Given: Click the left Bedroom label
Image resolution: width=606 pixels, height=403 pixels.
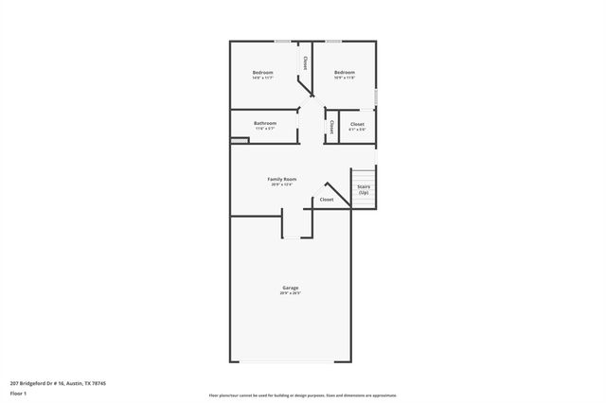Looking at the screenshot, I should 262,73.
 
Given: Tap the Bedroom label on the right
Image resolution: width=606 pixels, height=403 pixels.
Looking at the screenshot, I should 344,73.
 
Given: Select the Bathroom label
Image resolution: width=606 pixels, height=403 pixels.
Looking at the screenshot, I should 265,123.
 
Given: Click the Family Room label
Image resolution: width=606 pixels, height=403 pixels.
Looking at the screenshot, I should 282,179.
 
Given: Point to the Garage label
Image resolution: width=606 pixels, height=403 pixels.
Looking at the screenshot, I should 290,288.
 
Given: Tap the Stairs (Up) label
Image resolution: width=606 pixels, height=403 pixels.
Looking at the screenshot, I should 364,189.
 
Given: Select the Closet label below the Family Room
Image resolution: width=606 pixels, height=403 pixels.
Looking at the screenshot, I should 326,200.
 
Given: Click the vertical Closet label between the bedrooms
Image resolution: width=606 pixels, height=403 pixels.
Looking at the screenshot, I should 304,63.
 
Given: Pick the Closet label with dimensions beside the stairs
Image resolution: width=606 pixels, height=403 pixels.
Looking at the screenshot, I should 357,124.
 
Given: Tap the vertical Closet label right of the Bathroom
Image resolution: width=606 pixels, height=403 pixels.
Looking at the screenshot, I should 331,126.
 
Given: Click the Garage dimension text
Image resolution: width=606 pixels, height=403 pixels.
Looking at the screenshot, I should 290,293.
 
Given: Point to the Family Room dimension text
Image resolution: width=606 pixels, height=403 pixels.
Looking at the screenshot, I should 282,184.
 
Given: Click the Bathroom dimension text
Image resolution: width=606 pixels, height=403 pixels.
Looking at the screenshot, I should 265,129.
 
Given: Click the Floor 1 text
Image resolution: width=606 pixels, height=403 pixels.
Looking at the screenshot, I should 18,394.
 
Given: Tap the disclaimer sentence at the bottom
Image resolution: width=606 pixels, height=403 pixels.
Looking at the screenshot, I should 303,394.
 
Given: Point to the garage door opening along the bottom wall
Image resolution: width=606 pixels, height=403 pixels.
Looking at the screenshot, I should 290,361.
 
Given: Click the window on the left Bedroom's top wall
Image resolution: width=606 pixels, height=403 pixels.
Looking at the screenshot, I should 282,41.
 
